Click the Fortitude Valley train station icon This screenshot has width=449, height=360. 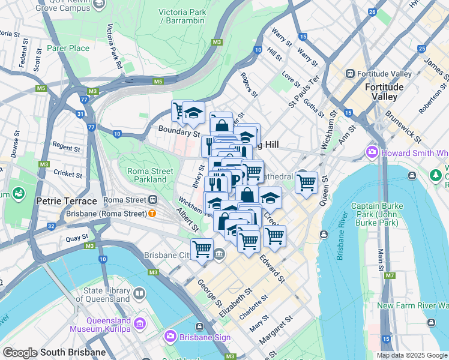click(x=351, y=73)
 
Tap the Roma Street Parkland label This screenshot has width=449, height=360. click(x=146, y=175)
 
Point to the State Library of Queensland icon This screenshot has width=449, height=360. click(x=139, y=293)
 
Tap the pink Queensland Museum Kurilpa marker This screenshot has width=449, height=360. click(x=139, y=324)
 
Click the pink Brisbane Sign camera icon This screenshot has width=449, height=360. click(x=170, y=337)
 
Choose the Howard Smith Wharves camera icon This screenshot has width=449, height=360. click(x=372, y=152)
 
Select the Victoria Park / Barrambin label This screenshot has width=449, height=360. click(x=182, y=17)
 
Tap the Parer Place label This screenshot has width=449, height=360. click(x=68, y=48)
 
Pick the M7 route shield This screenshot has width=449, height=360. click(x=390, y=276)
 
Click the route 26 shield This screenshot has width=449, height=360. click(x=372, y=12)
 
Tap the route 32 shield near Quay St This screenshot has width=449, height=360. click(x=52, y=226)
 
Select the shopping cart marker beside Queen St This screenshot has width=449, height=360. click(x=306, y=181)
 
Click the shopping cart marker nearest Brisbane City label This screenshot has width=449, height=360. click(x=202, y=248)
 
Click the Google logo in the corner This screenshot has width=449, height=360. click(x=20, y=353)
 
